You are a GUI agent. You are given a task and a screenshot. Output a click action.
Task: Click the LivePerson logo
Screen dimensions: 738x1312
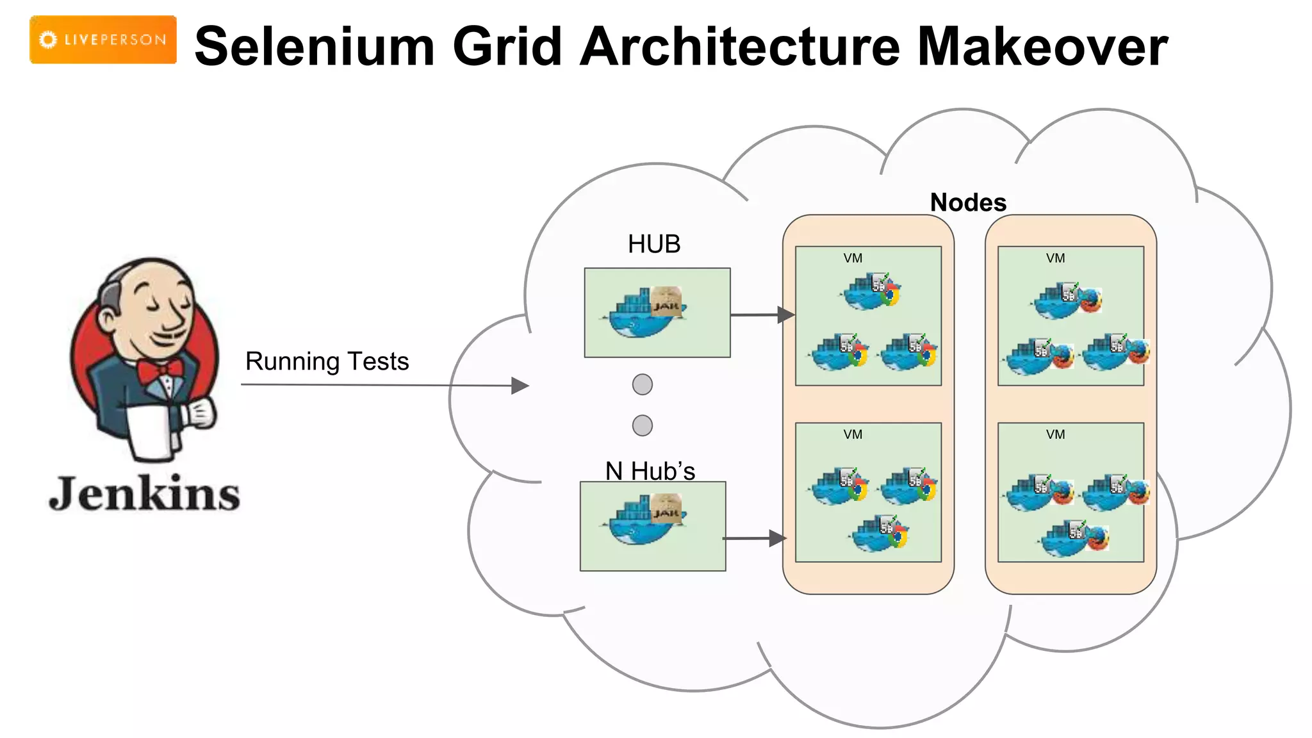103,40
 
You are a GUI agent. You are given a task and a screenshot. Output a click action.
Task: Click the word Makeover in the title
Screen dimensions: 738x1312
1042,47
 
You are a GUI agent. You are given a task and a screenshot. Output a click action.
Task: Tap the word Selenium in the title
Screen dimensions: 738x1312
315,47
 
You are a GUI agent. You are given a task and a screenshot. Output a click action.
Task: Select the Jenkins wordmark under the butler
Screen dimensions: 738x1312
144,494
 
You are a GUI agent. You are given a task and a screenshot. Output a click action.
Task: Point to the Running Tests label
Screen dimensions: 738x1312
327,361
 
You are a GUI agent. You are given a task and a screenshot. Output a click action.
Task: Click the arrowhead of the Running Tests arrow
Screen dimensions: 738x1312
521,386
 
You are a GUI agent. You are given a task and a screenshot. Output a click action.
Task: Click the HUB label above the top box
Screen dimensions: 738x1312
654,244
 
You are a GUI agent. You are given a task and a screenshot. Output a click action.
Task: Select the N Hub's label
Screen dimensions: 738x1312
650,471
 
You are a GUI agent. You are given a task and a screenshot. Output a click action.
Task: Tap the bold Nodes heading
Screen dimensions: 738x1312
968,202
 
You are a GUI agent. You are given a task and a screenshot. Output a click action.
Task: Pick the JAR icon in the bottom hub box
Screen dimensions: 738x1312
666,509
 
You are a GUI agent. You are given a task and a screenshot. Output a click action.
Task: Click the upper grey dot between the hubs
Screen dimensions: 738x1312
643,384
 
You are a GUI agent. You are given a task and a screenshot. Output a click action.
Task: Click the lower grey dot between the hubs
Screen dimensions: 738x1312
643,425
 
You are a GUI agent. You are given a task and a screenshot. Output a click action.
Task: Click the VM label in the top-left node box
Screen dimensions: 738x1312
853,258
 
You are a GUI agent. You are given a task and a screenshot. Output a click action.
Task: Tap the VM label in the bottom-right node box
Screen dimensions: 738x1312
1055,434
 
